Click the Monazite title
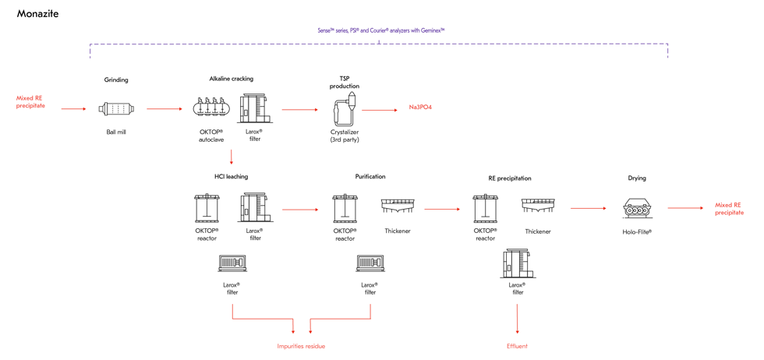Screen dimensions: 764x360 (x=37, y=14)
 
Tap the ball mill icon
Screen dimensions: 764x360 (x=116, y=109)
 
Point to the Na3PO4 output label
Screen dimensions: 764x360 (x=420, y=108)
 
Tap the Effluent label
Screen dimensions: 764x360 (x=517, y=346)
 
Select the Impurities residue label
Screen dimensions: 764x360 (x=301, y=346)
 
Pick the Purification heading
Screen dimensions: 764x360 (x=370, y=176)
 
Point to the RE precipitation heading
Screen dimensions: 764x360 (x=509, y=178)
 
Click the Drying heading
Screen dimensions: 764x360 (x=637, y=178)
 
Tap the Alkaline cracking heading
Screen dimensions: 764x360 (x=231, y=79)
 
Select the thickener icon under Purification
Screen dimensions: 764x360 (x=398, y=206)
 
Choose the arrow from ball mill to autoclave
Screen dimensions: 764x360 (x=163, y=109)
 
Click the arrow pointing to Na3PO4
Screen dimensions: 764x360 (x=380, y=110)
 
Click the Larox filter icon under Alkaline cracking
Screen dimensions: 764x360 (x=253, y=108)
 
